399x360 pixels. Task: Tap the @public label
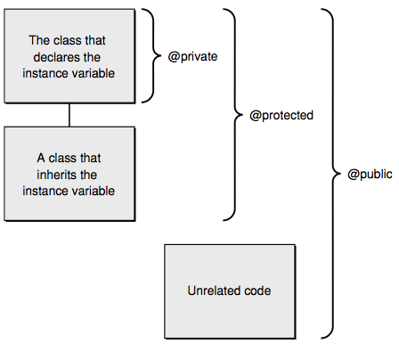click(369, 175)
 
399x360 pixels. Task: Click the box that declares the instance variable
click(69, 56)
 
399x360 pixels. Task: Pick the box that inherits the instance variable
click(69, 174)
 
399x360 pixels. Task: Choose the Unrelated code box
click(229, 290)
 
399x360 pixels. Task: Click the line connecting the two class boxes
click(69, 115)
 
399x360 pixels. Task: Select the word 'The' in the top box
click(40, 41)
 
